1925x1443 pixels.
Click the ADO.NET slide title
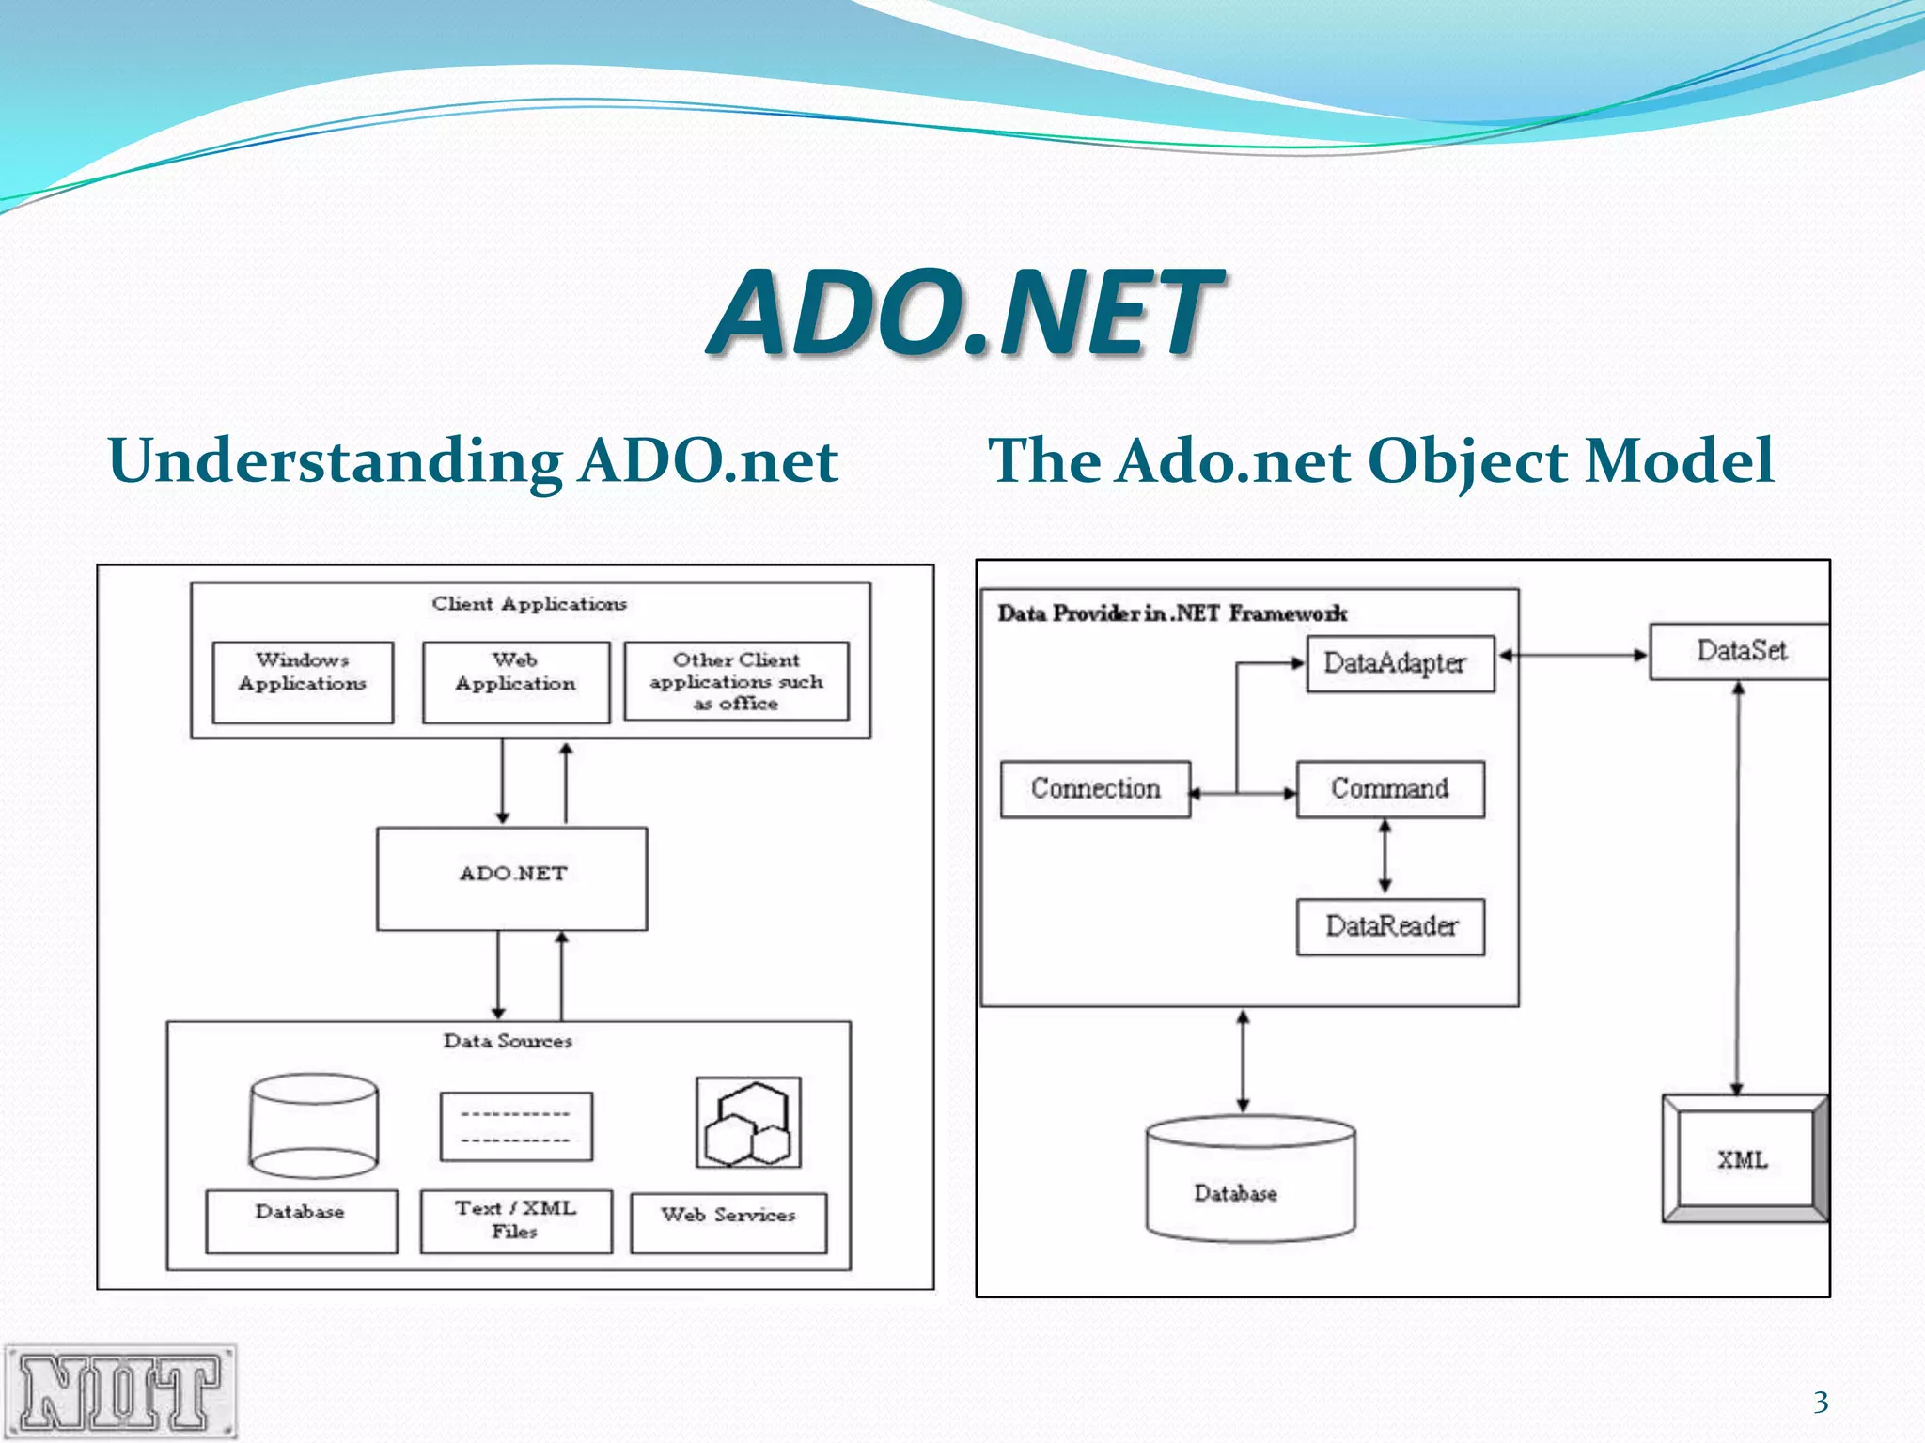tap(964, 312)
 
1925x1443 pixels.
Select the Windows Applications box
tap(303, 682)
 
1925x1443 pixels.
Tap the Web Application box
tap(516, 682)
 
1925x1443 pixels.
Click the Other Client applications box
tap(736, 681)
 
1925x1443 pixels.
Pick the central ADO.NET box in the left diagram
tap(512, 878)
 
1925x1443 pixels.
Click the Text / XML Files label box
tap(516, 1220)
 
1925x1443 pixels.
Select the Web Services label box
tap(728, 1222)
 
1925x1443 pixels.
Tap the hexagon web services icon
tap(748, 1123)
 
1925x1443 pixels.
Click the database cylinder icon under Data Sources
tap(314, 1125)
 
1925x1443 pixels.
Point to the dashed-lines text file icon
tap(516, 1126)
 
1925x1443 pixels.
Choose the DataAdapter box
tap(1400, 664)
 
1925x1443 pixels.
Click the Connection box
tap(1095, 789)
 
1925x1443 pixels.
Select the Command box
tap(1390, 789)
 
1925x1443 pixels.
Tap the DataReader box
tap(1390, 927)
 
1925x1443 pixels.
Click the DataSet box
tap(1740, 651)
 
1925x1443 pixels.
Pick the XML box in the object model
tap(1744, 1159)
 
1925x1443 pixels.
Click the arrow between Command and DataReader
tap(1385, 857)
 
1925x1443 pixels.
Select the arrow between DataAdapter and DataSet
tap(1573, 655)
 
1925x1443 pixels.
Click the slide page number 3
tap(1821, 1402)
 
